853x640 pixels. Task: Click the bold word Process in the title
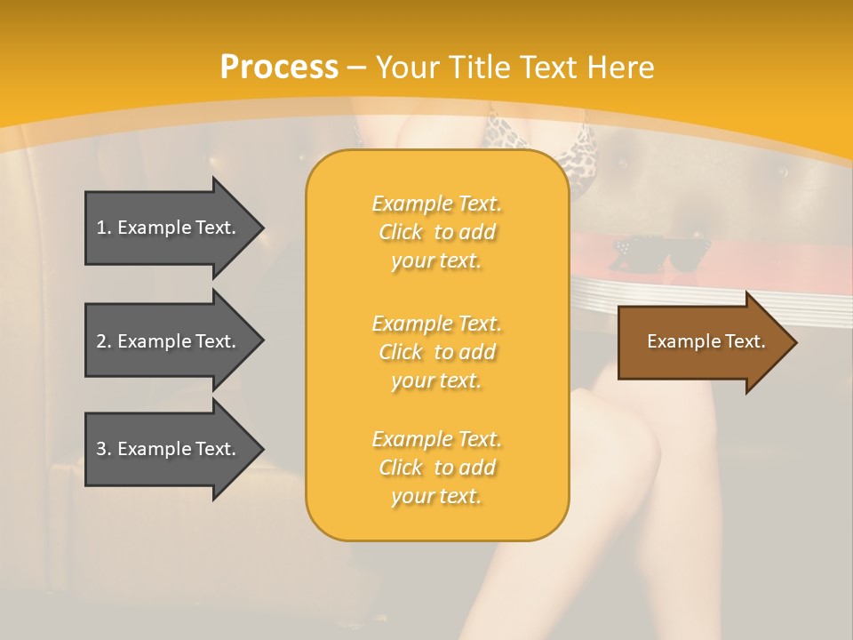tap(279, 68)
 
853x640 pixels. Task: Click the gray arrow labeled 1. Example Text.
tap(169, 228)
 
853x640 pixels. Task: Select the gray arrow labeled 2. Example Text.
tap(169, 341)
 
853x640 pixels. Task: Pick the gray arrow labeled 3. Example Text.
tap(169, 449)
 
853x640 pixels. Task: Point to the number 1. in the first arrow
tap(104, 228)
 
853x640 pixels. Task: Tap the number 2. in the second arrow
tap(104, 341)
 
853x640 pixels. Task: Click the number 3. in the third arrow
tap(104, 449)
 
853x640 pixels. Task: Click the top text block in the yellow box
tap(436, 232)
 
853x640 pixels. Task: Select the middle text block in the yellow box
tap(436, 352)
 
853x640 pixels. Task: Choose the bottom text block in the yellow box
tap(436, 468)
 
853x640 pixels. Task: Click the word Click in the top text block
tap(401, 232)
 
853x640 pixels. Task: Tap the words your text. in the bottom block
tap(436, 496)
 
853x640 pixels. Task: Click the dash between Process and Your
tap(357, 68)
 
